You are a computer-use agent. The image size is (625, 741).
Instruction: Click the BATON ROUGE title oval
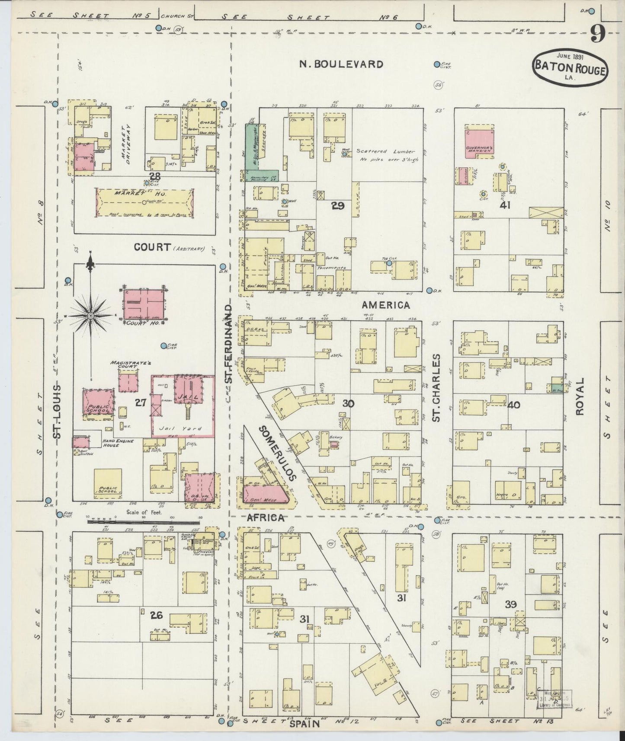click(570, 69)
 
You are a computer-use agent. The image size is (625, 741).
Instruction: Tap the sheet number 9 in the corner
click(597, 33)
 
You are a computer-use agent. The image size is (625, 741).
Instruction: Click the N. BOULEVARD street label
click(342, 64)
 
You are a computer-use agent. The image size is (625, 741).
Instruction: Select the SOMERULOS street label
click(277, 453)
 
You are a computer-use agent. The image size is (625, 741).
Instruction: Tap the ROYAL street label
click(580, 396)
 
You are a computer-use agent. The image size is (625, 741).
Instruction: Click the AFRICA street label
click(265, 518)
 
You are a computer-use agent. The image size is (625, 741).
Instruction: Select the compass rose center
click(91, 316)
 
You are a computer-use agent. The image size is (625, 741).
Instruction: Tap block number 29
click(337, 206)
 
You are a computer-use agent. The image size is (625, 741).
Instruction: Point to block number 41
click(505, 204)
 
